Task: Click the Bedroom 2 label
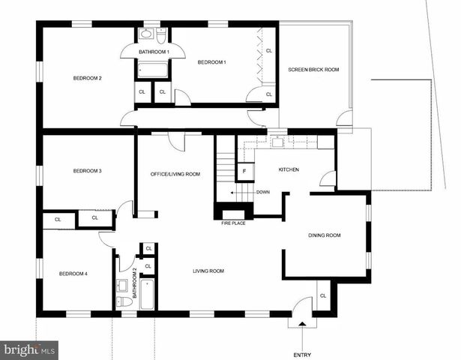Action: pos(87,78)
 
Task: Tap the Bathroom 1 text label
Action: pos(154,51)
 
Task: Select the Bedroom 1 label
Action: pos(211,63)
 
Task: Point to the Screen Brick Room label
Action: pos(313,70)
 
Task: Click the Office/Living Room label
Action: pos(175,174)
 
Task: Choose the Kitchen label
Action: pos(289,169)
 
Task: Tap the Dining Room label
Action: pos(324,235)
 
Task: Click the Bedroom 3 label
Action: pos(87,171)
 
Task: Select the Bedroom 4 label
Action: pos(73,274)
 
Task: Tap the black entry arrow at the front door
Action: pos(302,325)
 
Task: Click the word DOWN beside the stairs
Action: pos(262,192)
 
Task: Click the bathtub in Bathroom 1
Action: pos(154,70)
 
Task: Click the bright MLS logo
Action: pos(30,349)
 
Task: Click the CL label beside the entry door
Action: pos(323,295)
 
